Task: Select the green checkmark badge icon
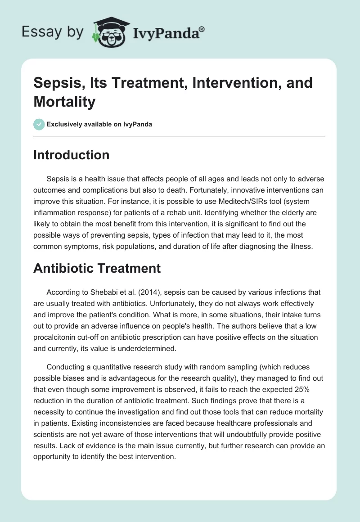[39, 124]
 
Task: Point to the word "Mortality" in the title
[64, 102]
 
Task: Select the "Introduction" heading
[72, 155]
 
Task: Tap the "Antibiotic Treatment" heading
[97, 268]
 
